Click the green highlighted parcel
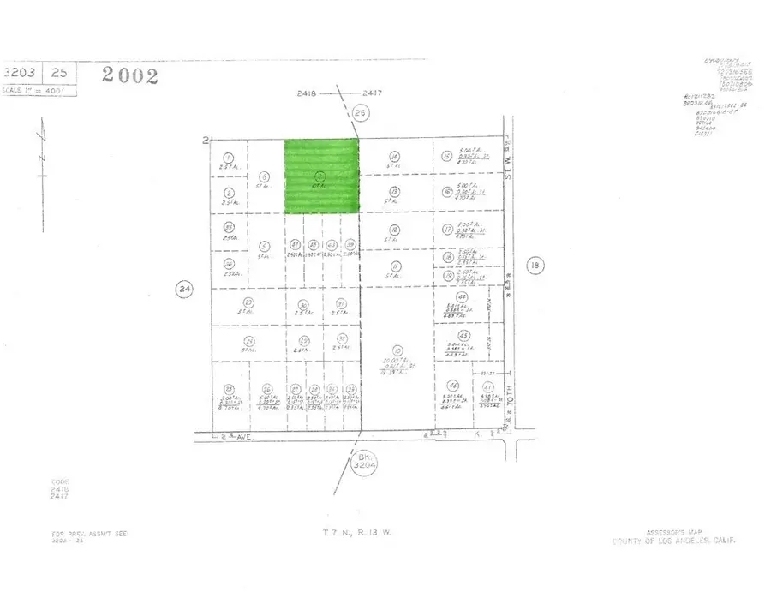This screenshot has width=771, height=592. (321, 176)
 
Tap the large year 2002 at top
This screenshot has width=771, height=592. (129, 75)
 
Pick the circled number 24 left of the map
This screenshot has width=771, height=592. (184, 289)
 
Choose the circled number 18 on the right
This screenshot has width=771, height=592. (535, 266)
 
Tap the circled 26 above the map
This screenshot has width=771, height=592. (360, 112)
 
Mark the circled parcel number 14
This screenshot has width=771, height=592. (394, 157)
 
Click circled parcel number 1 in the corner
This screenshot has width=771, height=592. (228, 157)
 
